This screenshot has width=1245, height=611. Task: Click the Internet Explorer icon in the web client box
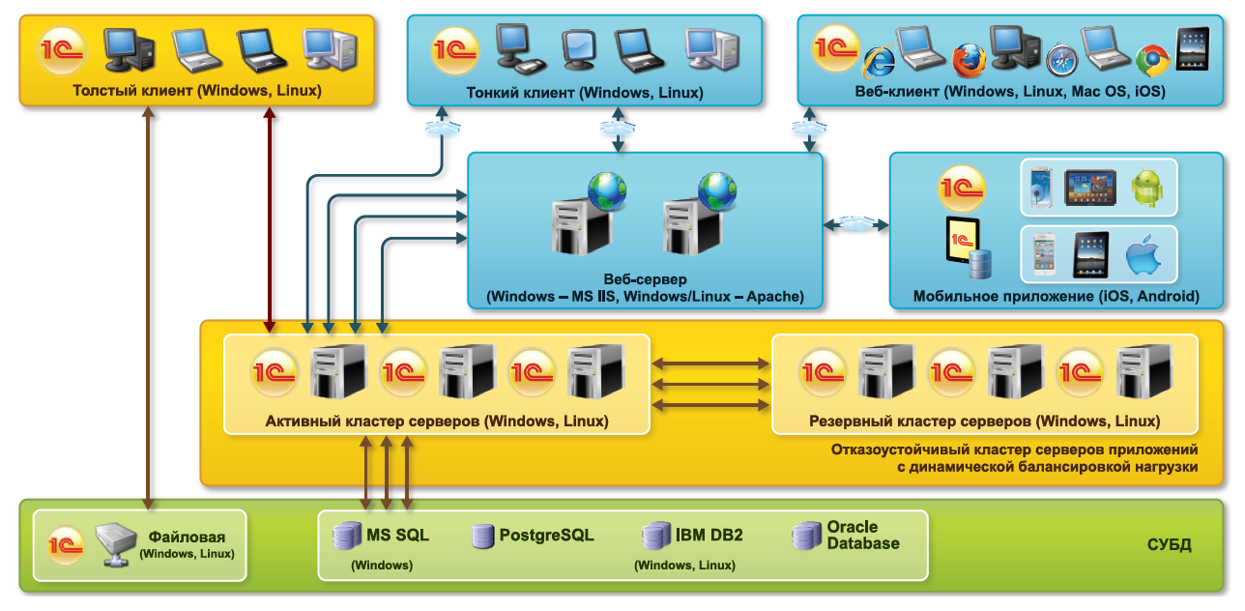coord(878,61)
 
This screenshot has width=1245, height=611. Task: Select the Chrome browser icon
coord(1152,60)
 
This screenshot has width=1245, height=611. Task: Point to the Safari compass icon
coord(1060,60)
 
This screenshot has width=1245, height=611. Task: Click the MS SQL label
coord(397,535)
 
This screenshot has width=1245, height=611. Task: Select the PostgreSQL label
coord(546,535)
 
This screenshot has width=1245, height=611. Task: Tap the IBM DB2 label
coord(709,535)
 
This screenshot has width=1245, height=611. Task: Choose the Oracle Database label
coord(863,535)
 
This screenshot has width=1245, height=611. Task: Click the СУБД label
coord(1169,545)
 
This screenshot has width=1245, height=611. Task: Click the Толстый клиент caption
coord(196,91)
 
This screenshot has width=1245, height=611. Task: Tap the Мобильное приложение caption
coord(1056,296)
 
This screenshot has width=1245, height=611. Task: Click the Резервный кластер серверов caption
coord(984,422)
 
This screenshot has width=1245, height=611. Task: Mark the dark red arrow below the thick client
coord(269,218)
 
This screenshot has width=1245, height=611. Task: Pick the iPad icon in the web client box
coord(1192,48)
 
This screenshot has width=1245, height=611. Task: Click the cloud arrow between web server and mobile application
coord(855,224)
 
